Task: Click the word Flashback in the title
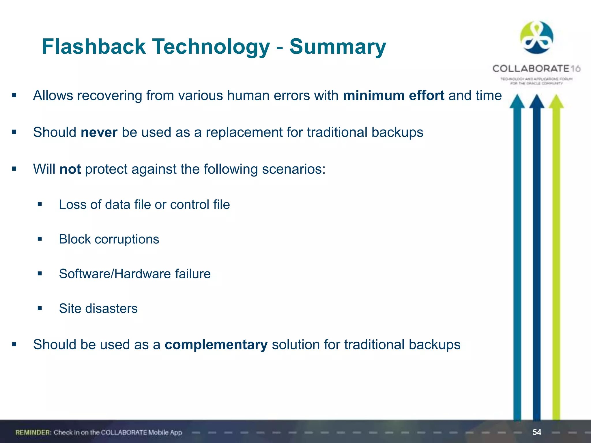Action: click(x=94, y=47)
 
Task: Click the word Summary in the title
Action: click(x=337, y=47)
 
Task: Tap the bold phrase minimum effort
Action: click(x=393, y=95)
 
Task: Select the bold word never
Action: click(x=99, y=132)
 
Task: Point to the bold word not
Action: click(x=70, y=169)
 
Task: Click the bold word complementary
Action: click(x=216, y=345)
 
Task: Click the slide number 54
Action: click(x=537, y=432)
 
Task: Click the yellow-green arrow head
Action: click(x=556, y=102)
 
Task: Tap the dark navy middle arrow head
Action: click(x=536, y=102)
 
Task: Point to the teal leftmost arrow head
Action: click(x=517, y=102)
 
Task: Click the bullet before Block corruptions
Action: click(x=40, y=239)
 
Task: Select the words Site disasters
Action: click(x=98, y=308)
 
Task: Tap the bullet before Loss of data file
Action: click(x=40, y=204)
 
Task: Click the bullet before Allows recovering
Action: click(x=14, y=95)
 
